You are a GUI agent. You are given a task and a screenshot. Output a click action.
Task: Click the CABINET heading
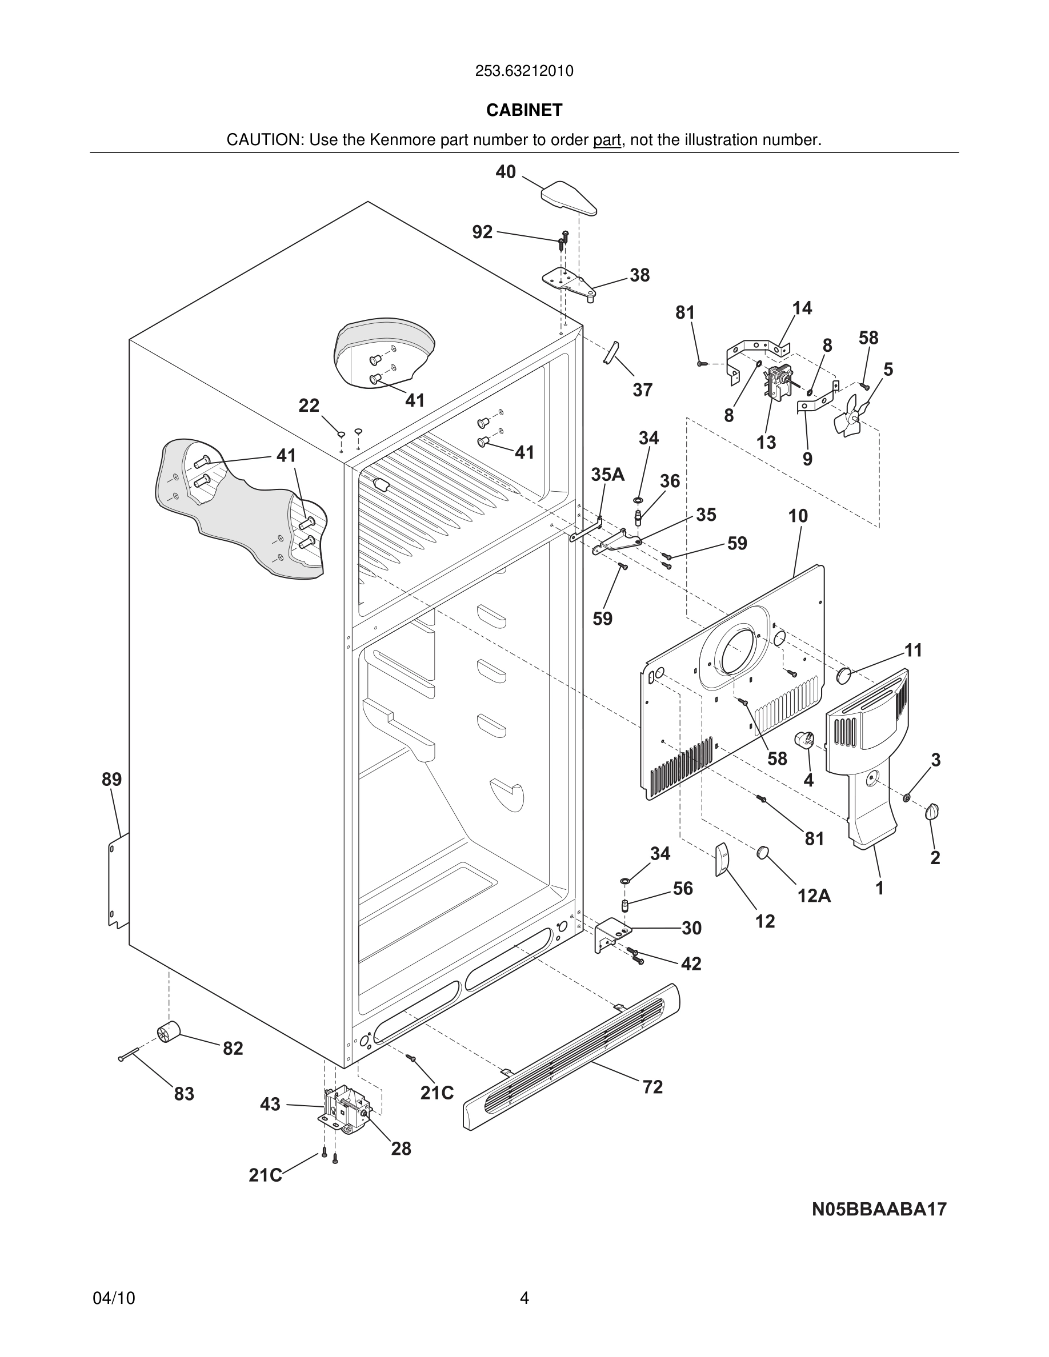pos(524,110)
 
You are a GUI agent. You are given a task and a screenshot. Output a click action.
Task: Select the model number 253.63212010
pos(524,71)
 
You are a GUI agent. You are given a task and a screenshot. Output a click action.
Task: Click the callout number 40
pos(505,172)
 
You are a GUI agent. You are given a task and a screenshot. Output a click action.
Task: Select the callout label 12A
pos(814,896)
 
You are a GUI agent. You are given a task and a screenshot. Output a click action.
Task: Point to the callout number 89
pos(112,779)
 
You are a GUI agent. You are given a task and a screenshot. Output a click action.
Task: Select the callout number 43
pos(270,1104)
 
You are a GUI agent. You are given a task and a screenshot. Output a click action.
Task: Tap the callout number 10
pos(798,516)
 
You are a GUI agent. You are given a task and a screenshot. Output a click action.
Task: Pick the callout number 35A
pos(607,475)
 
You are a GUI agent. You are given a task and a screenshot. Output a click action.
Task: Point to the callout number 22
pos(309,406)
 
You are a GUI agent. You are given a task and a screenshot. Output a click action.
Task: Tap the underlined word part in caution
pos(607,140)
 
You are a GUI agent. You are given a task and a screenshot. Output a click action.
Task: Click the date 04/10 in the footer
pos(114,1298)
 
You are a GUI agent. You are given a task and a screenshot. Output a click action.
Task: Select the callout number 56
pos(682,889)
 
